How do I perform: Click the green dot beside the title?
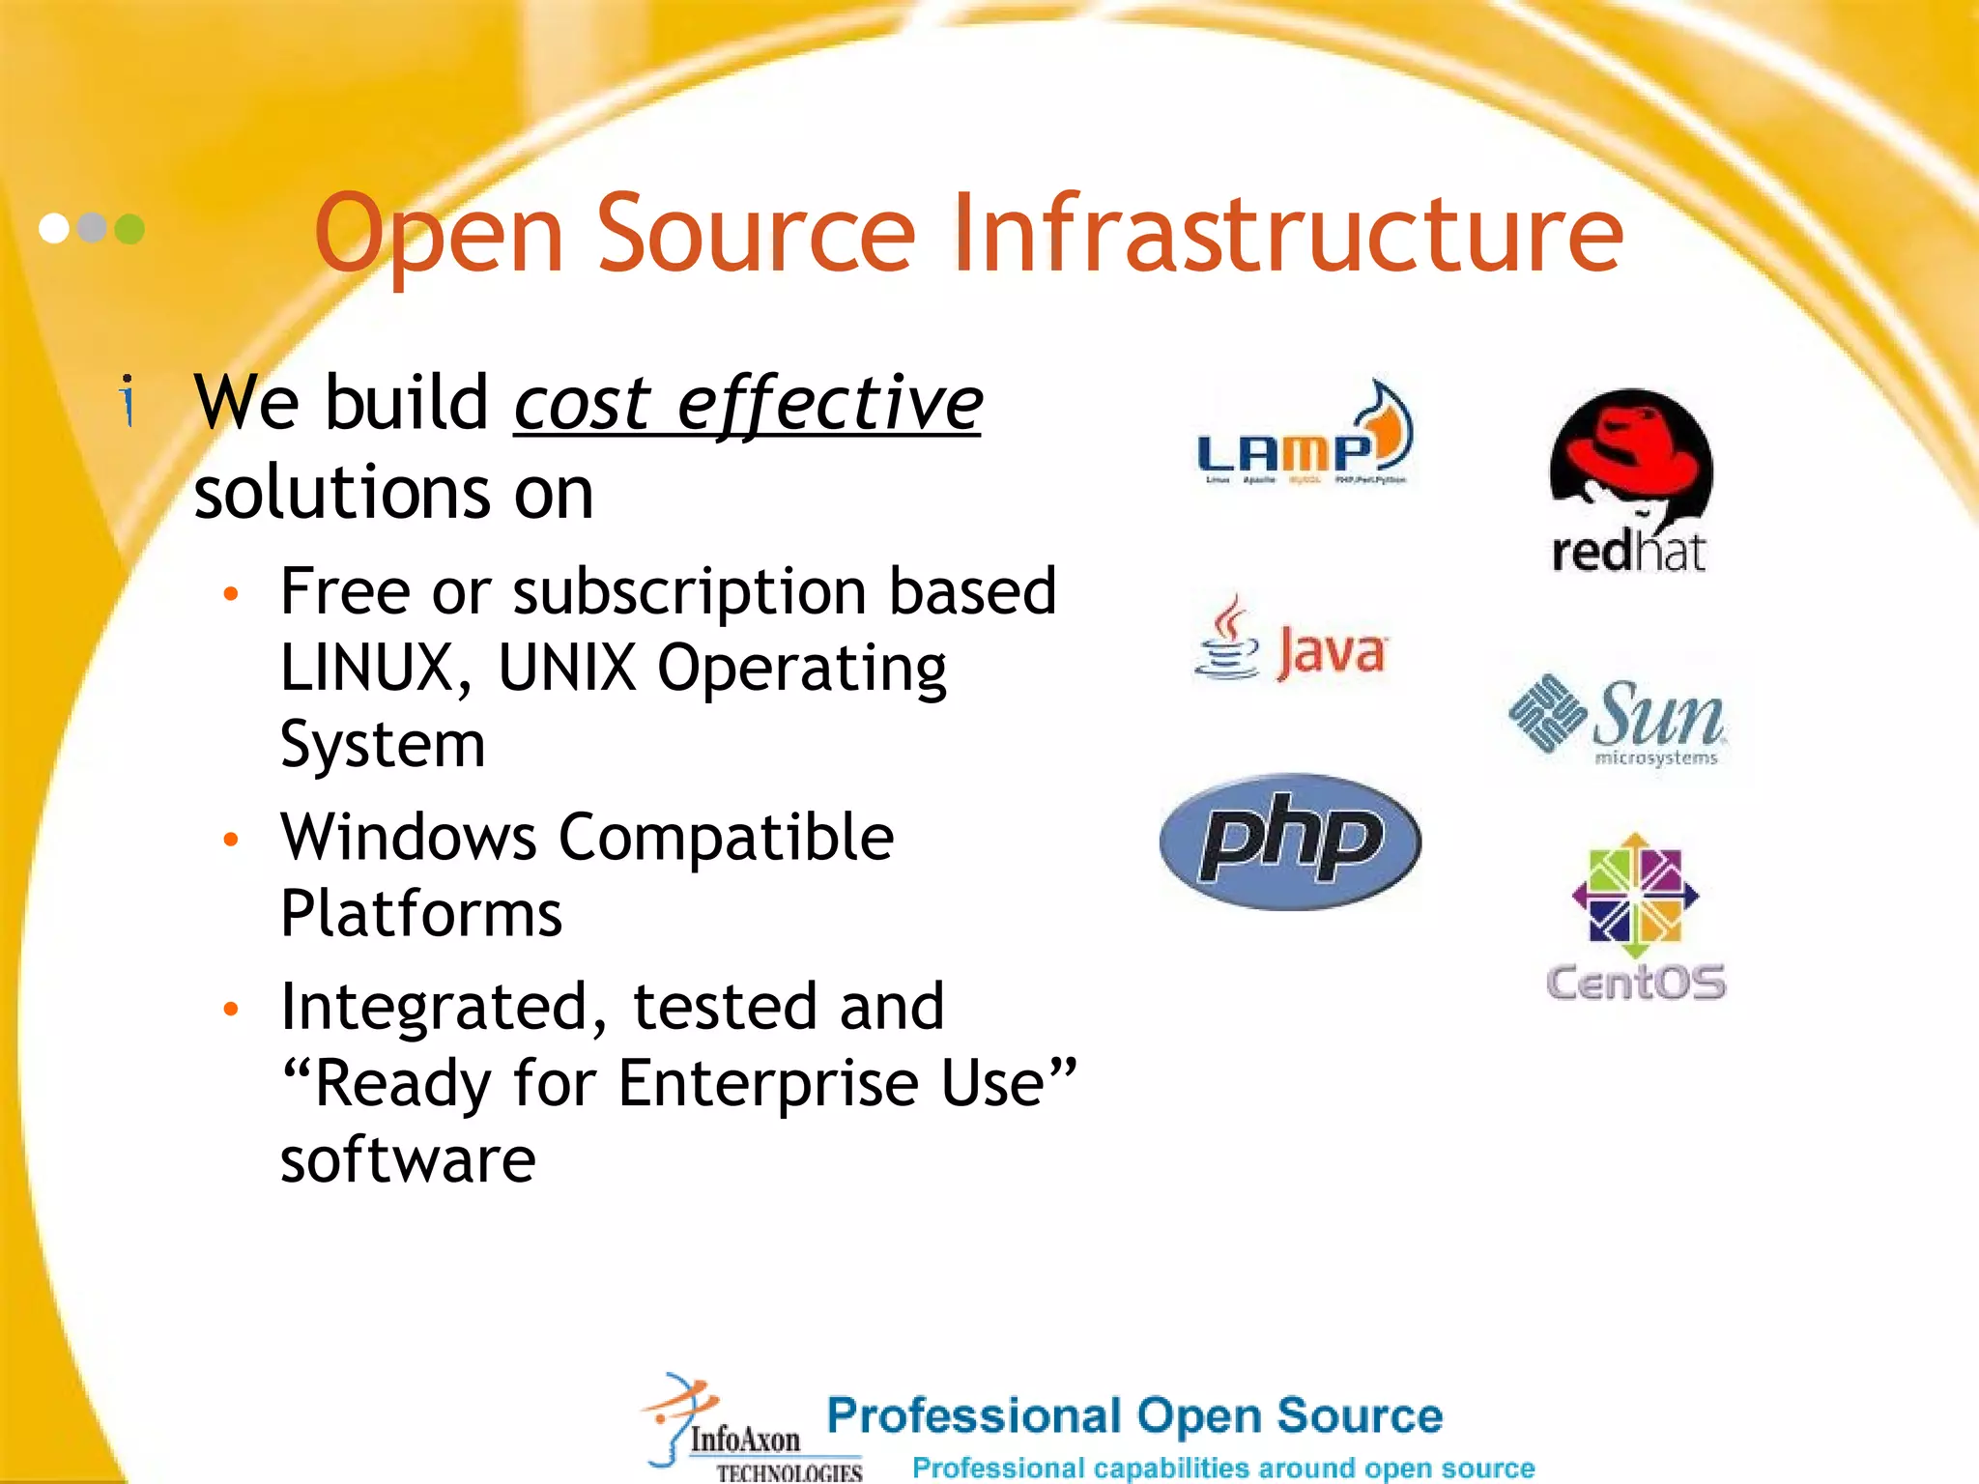[129, 229]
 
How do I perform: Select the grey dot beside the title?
[92, 228]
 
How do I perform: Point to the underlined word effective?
[829, 403]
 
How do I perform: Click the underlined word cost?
[583, 403]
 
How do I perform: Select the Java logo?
[1291, 642]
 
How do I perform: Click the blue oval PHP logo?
[1290, 841]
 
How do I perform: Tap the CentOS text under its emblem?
[1635, 983]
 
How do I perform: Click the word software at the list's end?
[408, 1159]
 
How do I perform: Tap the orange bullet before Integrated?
[230, 1010]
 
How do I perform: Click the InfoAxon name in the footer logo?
[745, 1439]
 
